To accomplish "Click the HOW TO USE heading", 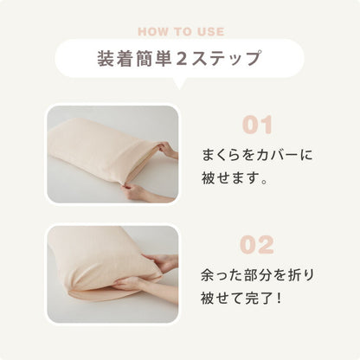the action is coord(181,32).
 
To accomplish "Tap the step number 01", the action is coord(257,125).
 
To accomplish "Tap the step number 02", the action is coord(257,245).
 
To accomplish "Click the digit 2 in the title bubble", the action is coord(182,58).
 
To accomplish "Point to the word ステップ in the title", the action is coord(226,58).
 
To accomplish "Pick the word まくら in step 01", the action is coord(222,156).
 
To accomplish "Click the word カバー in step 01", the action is coord(273,156).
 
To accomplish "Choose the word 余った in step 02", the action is coord(222,275).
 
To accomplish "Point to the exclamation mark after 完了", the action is coord(279,298).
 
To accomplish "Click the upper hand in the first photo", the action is coord(168,150).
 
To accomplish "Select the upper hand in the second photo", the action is coord(162,262).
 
